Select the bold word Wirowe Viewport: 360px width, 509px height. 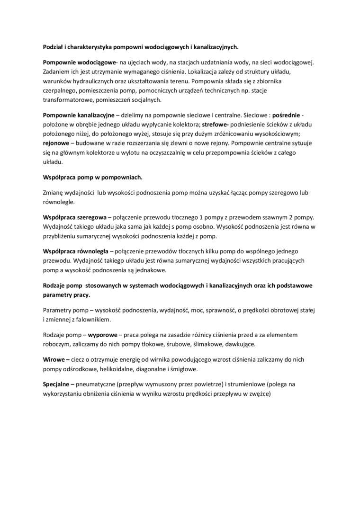pyautogui.click(x=54, y=359)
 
